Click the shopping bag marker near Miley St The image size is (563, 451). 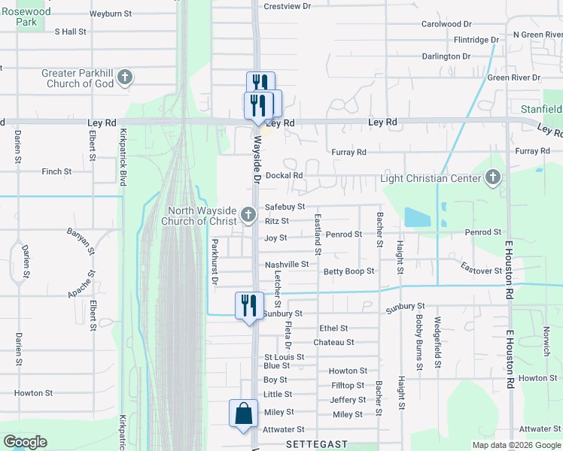243,413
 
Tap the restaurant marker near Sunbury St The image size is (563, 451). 249,305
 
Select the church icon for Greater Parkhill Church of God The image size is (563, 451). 125,77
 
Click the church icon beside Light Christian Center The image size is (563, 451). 492,178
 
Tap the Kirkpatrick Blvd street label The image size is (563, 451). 123,158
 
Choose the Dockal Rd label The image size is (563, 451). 284,175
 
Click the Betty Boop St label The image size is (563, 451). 348,271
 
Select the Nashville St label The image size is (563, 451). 286,265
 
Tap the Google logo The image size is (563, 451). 25,442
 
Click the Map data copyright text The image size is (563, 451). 516,445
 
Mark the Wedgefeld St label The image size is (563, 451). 437,343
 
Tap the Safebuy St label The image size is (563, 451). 285,207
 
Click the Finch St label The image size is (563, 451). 56,171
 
